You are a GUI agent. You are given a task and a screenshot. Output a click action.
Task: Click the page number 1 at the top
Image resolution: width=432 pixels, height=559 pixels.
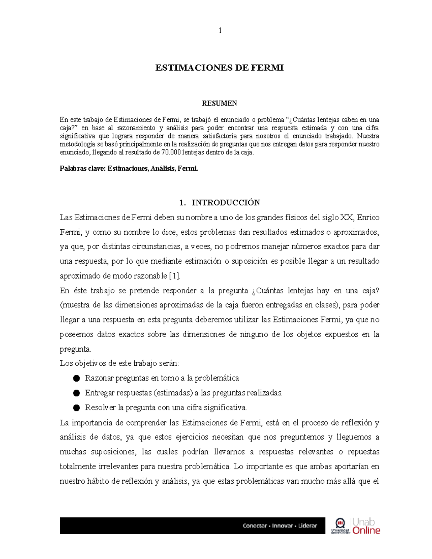tap(220, 31)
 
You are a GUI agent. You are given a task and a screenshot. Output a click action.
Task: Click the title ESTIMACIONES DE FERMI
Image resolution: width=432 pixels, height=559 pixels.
tap(219, 68)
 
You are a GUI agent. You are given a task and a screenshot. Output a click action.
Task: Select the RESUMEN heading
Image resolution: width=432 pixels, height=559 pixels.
tap(219, 103)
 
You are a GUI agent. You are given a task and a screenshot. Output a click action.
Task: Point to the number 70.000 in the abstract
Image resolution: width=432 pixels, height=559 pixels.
tap(171, 152)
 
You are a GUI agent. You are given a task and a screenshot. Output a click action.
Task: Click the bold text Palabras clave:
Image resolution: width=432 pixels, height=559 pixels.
tap(82, 168)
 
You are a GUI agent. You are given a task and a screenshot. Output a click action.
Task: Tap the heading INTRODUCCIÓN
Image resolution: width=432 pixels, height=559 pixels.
tap(226, 203)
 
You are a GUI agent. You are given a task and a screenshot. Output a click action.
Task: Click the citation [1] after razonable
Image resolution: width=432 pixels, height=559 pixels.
tap(174, 276)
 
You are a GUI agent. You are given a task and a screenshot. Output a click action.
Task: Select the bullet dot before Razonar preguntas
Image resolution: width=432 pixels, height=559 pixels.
tap(76, 378)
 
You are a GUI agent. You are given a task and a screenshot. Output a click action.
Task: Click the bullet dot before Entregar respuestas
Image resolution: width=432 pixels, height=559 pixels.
tap(76, 393)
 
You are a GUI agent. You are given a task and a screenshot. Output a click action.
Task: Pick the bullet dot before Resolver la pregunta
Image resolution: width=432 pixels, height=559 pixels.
tap(76, 408)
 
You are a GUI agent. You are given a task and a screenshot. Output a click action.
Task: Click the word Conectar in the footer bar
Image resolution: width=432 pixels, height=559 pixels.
tap(255, 526)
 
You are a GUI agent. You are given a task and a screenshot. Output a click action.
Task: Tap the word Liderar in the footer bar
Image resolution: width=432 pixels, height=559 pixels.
tap(307, 526)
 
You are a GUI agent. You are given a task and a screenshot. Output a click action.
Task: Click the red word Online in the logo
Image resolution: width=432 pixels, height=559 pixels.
tap(366, 531)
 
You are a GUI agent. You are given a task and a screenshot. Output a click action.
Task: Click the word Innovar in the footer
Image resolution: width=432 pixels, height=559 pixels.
tap(282, 526)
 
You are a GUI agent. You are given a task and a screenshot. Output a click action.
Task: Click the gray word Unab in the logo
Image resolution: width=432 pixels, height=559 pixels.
tap(364, 522)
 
